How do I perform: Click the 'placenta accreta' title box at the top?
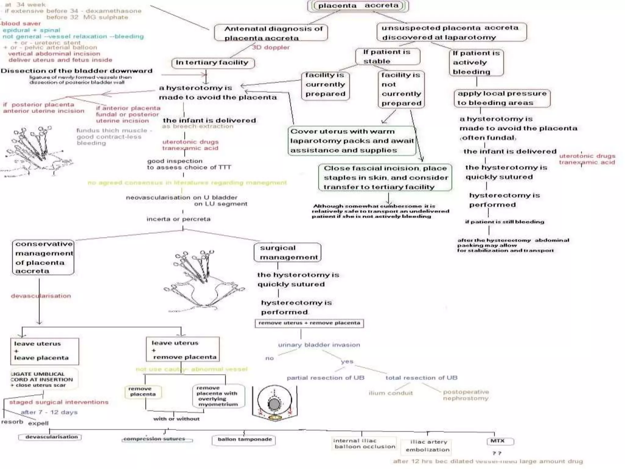coord(358,6)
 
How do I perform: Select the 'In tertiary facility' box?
coord(213,63)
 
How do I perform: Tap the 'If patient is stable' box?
coord(387,56)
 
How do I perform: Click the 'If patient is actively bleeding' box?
coord(476,63)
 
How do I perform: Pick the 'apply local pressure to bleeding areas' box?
coord(502,98)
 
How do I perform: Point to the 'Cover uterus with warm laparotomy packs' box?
coord(352,141)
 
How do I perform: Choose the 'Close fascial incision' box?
coord(385,177)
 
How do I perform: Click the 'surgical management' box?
coord(287,253)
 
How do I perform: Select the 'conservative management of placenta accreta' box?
coord(43,257)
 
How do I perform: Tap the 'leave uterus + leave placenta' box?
coord(45,351)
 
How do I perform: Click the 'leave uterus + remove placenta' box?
coord(182,350)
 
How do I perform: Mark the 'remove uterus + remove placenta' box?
coord(309,323)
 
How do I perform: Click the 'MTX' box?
coord(500,441)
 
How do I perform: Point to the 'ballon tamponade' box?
coord(244,440)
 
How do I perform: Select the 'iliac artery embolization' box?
coord(427,446)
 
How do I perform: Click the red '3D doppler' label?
coord(271,47)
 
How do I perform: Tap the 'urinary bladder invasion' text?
coord(319,345)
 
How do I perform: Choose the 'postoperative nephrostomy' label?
coord(466,395)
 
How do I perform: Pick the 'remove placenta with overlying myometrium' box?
coord(219,396)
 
